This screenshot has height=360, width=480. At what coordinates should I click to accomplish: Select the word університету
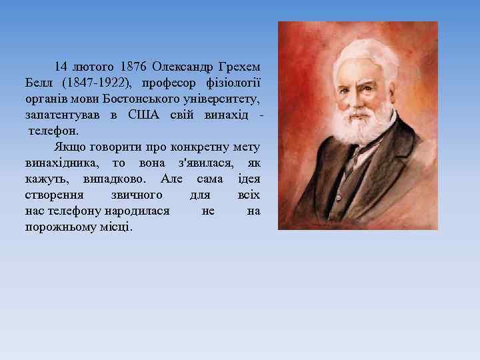(x=223, y=99)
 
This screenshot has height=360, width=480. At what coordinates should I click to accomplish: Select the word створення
(x=54, y=195)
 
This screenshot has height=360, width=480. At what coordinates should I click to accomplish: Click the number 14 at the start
(x=61, y=67)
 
